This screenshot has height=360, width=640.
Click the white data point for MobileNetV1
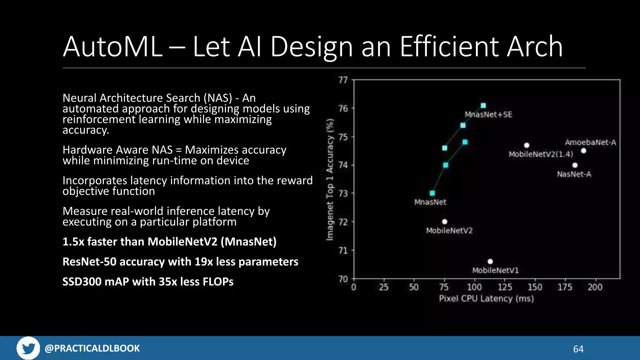[x=490, y=261]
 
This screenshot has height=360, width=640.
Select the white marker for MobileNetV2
[x=445, y=222]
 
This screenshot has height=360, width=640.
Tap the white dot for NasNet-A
[x=575, y=165]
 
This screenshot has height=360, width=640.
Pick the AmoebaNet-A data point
[x=583, y=151]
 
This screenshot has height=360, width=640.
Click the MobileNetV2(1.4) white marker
[x=527, y=145]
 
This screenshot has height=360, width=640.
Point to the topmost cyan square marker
[x=483, y=105]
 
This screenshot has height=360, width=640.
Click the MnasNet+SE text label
[x=488, y=114]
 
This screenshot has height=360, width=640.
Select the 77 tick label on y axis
[x=343, y=80]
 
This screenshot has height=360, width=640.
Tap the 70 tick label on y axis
[x=343, y=279]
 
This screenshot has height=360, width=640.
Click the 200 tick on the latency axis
[x=595, y=287]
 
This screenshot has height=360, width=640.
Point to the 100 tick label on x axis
[x=474, y=287]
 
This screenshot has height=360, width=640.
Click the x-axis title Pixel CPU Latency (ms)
[x=486, y=299]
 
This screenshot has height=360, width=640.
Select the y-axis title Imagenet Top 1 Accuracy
[x=330, y=180]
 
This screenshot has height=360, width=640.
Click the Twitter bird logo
[x=28, y=348]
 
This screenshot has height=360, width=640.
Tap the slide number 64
[x=578, y=349]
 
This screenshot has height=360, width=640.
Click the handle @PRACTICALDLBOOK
[x=92, y=348]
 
